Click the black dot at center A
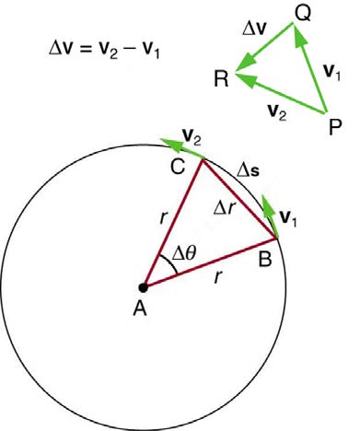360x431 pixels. click(x=145, y=287)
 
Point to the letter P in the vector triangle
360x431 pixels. click(x=335, y=126)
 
